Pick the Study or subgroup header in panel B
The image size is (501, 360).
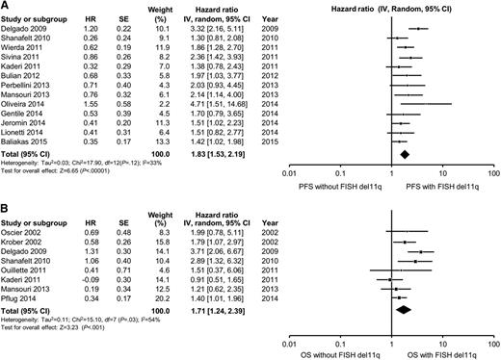pyautogui.click(x=35, y=218)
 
